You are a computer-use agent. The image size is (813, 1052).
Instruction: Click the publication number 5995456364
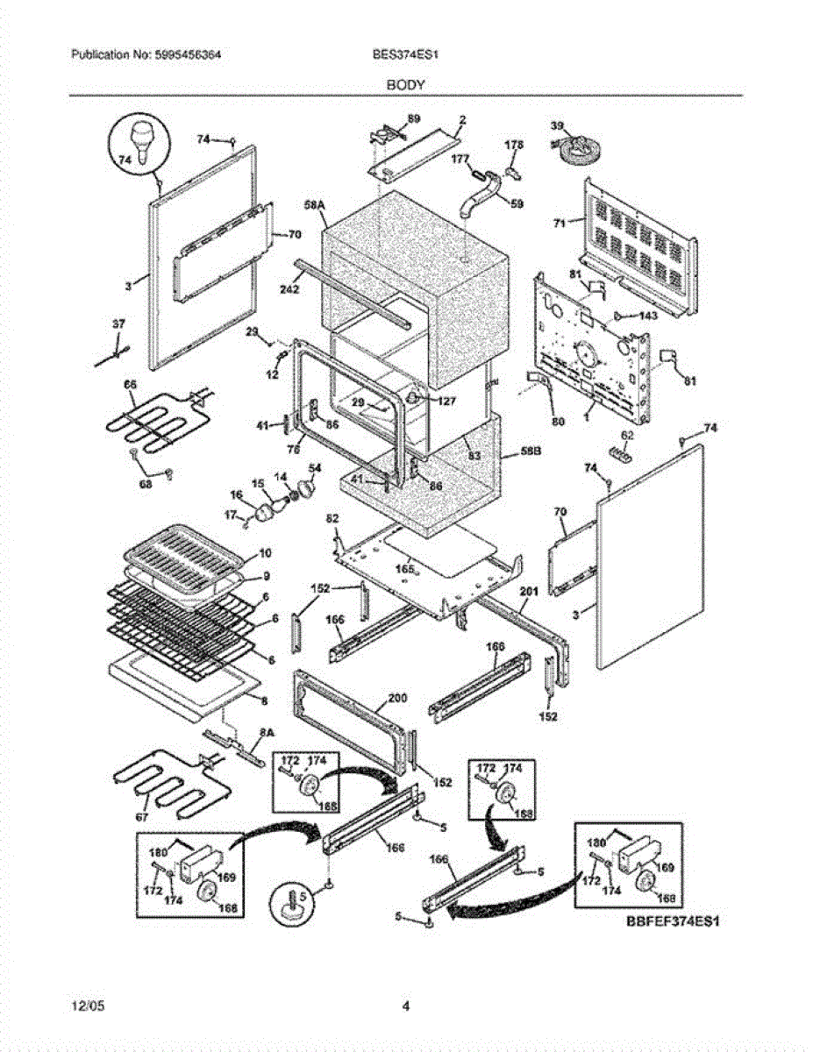[x=188, y=54]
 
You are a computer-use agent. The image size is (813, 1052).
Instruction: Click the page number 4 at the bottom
[x=406, y=1006]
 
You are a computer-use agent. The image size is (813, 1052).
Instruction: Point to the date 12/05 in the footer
[x=84, y=1006]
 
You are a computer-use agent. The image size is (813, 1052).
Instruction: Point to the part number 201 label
[x=527, y=592]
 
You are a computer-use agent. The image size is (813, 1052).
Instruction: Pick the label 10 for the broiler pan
[x=265, y=555]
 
